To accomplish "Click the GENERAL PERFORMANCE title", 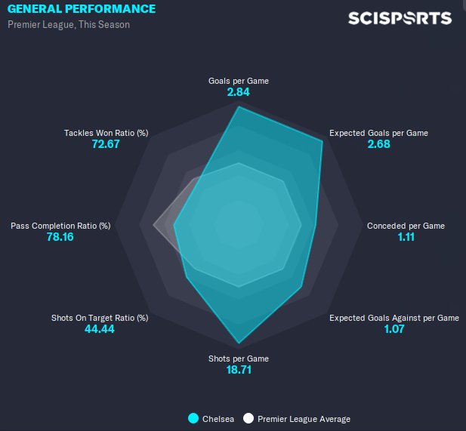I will click(x=82, y=9).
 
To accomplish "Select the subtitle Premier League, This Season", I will click(x=69, y=25).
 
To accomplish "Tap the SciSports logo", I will click(x=400, y=18).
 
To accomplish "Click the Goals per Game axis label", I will click(x=239, y=81).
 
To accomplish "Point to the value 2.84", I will click(x=238, y=92).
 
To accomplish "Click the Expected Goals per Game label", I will click(x=378, y=133).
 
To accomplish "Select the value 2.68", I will click(x=378, y=144).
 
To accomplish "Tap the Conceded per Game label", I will click(x=406, y=226).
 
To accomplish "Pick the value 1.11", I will click(x=406, y=237).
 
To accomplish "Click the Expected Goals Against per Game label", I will click(x=394, y=319).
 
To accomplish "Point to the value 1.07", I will click(x=394, y=329).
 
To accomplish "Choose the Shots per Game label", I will click(x=239, y=359).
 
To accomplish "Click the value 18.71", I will click(x=238, y=370).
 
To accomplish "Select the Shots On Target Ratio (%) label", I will click(x=100, y=318).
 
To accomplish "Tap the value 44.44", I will click(x=100, y=329).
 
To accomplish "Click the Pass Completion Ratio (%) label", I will click(x=60, y=226).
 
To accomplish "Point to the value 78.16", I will click(x=60, y=237).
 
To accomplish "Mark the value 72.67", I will click(x=106, y=144).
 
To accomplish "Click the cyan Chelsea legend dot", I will click(x=194, y=418).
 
